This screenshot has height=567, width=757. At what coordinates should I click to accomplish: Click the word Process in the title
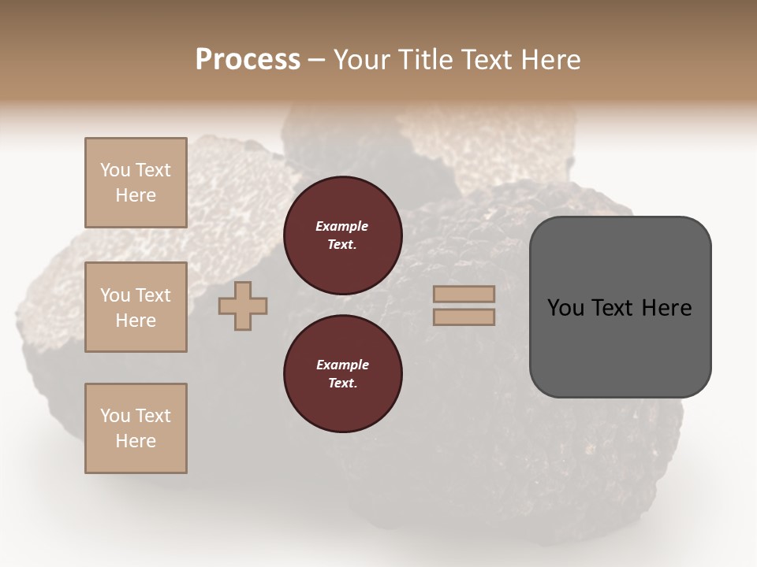tap(248, 60)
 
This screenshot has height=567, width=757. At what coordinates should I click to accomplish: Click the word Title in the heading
tap(425, 60)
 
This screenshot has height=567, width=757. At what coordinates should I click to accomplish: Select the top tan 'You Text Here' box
tap(136, 183)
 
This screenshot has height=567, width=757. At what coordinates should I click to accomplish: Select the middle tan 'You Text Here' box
tap(136, 307)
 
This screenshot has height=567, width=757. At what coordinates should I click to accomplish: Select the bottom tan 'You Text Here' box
tap(136, 428)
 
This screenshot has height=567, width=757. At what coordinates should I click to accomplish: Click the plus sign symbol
tap(243, 306)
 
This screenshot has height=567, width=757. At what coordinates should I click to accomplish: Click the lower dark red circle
tap(343, 373)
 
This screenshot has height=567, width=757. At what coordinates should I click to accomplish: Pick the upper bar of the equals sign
tap(464, 294)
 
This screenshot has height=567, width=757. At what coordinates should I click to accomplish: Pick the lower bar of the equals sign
tap(464, 317)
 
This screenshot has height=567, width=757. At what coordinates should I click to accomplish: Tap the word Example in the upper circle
tap(342, 226)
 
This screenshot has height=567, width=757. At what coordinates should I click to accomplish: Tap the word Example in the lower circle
tap(342, 365)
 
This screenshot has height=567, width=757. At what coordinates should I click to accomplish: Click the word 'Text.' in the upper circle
tap(342, 244)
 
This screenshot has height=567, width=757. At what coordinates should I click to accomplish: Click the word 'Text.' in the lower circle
tap(342, 383)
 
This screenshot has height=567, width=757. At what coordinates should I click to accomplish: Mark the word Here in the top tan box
tap(136, 195)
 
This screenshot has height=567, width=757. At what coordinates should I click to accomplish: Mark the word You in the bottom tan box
tap(114, 416)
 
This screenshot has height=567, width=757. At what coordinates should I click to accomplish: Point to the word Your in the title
tap(361, 60)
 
